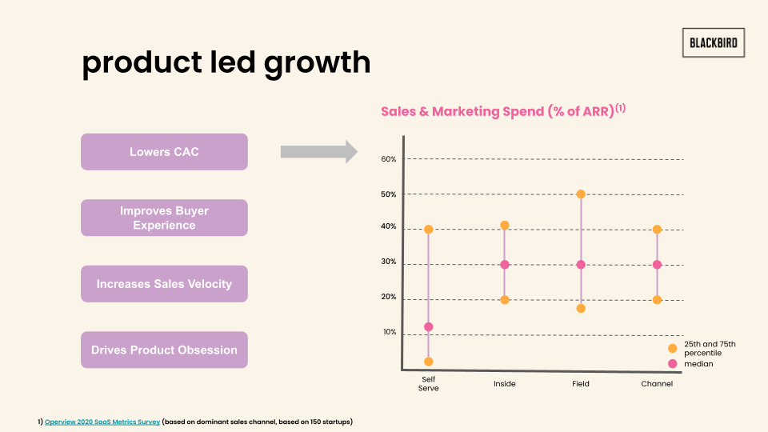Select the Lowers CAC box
tap(164, 152)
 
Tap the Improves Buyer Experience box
tap(164, 218)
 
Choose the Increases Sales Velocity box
tap(164, 284)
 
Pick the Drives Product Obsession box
tap(164, 350)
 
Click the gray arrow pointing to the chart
tap(318, 152)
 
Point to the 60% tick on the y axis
tap(389, 159)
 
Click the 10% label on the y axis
tap(389, 332)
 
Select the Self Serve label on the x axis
tap(430, 383)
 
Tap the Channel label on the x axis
tap(657, 384)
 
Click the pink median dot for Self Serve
tap(429, 326)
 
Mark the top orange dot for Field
tap(581, 194)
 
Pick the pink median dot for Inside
tap(505, 265)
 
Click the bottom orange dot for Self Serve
tap(429, 362)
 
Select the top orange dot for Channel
tap(657, 230)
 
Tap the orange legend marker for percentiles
tap(672, 348)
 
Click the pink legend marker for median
tap(672, 364)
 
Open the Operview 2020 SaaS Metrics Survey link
tap(102, 421)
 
